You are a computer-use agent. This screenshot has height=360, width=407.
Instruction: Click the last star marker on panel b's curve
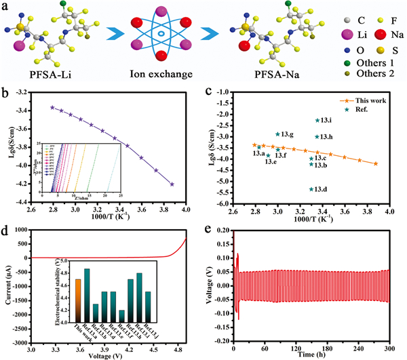(172, 184)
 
